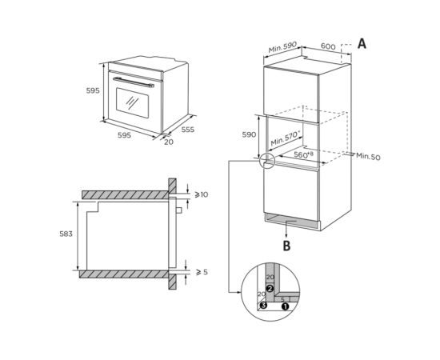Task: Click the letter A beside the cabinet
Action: tap(362, 45)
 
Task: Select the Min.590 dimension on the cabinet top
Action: tap(282, 49)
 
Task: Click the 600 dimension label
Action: tap(328, 46)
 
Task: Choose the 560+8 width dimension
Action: tap(302, 154)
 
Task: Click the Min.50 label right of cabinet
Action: tap(368, 157)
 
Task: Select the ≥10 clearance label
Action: tap(201, 194)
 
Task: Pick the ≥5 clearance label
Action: tap(201, 272)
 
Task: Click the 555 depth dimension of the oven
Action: tap(186, 128)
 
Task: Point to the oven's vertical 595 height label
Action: tap(93, 91)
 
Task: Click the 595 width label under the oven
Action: tap(124, 136)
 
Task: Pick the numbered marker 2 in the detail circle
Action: tap(270, 288)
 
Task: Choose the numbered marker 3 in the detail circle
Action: tap(262, 306)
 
